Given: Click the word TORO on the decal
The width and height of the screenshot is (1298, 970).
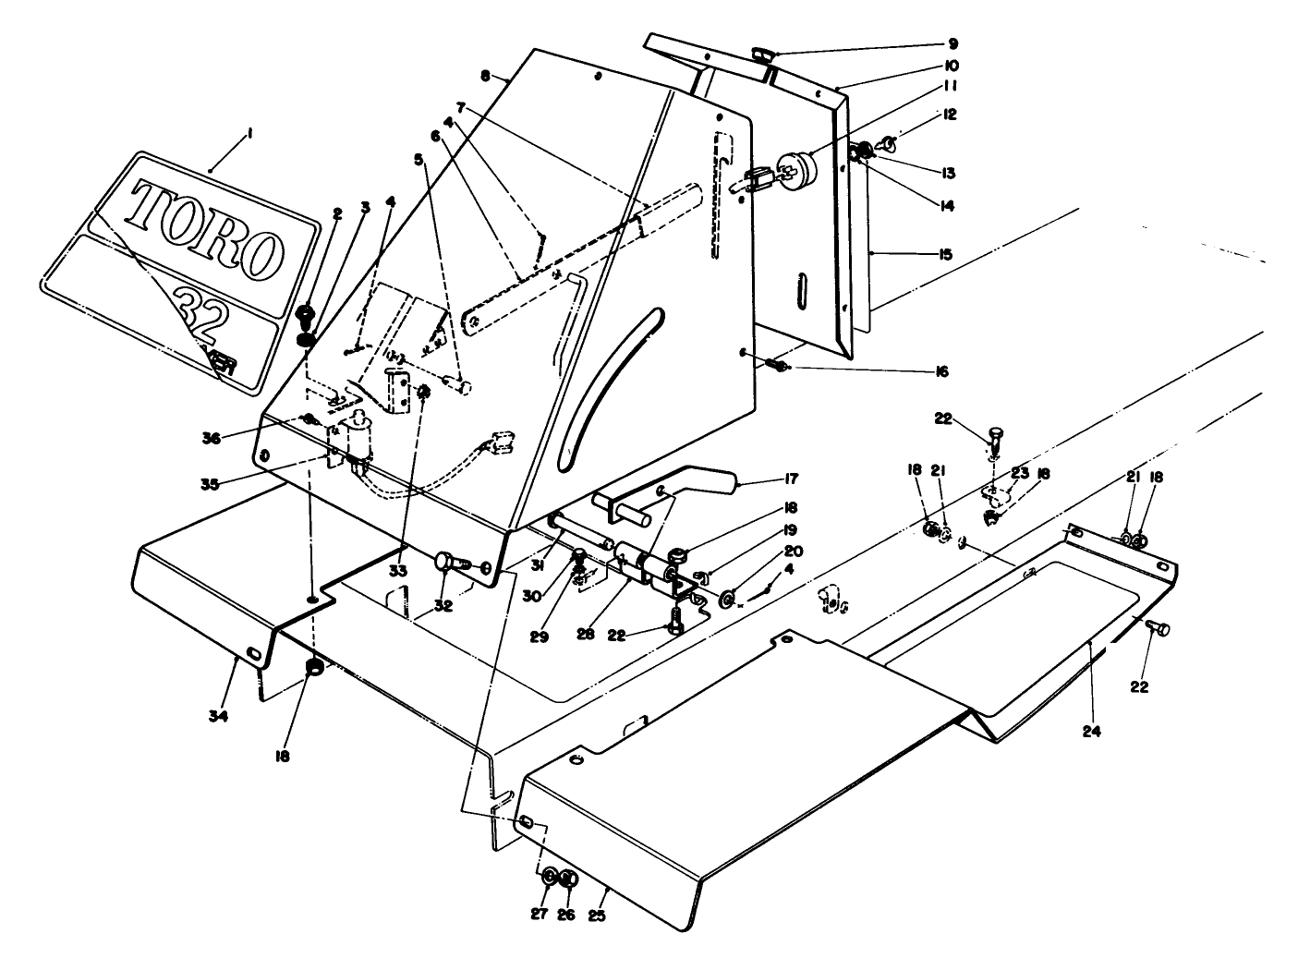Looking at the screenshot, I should click(x=205, y=227).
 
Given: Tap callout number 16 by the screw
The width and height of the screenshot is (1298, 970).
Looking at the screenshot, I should click(x=940, y=371).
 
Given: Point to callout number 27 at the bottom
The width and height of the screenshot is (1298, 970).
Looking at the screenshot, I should click(x=540, y=915).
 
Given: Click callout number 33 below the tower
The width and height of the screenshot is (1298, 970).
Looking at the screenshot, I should click(x=397, y=571).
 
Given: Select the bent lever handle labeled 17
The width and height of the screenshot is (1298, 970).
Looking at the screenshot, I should click(x=665, y=495).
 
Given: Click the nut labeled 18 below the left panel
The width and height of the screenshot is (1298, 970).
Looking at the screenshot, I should click(x=314, y=669).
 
